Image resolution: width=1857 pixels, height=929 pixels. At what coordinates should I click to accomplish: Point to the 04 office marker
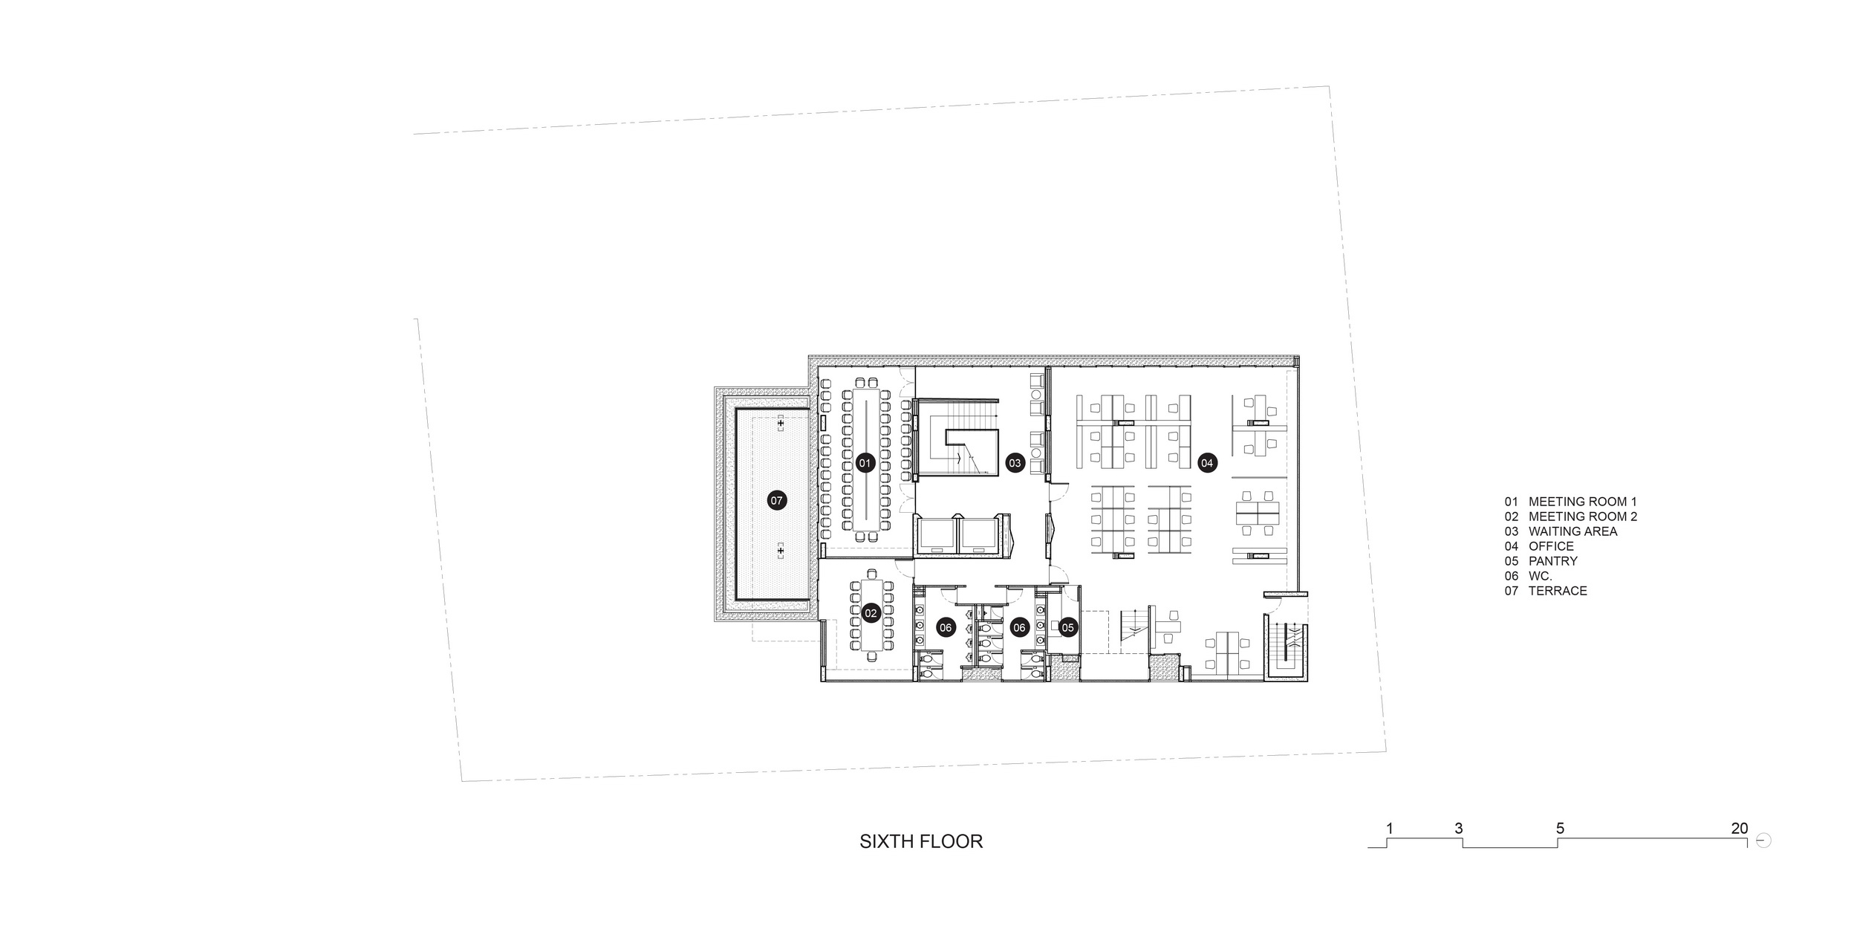point(1207,463)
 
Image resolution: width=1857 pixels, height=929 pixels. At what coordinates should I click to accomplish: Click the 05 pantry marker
point(1067,628)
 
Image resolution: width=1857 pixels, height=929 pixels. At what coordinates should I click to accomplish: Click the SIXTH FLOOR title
point(921,841)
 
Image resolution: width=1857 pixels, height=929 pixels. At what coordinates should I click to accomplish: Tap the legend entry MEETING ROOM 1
point(1582,502)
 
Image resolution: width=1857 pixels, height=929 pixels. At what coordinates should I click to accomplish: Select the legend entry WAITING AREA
point(1573,531)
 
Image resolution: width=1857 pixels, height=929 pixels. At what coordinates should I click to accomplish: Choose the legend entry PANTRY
point(1552,561)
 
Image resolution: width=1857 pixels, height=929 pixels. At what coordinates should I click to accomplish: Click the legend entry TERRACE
point(1558,591)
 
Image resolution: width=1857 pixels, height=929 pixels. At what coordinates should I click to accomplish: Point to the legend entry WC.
point(1540,576)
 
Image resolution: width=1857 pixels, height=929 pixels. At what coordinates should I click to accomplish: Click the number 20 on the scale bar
point(1740,828)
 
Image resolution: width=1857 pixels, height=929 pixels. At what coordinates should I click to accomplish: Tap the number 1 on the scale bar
point(1389,828)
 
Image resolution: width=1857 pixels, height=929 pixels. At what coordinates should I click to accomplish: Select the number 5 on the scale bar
point(1560,828)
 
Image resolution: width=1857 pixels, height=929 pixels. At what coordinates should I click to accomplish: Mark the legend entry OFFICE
point(1551,546)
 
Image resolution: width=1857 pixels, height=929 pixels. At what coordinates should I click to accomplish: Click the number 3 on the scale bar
point(1458,828)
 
